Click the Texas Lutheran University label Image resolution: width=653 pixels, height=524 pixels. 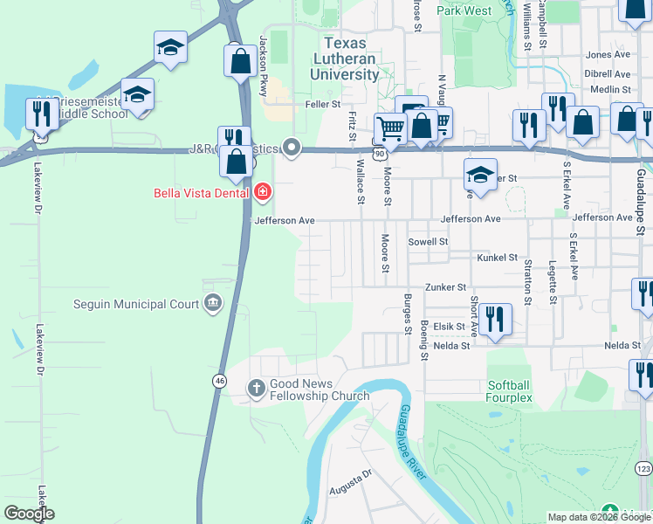[350, 59]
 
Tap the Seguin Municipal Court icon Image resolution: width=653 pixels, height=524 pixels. [212, 304]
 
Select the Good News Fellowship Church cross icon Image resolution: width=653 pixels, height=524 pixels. [256, 388]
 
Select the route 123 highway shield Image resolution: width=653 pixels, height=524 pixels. [643, 469]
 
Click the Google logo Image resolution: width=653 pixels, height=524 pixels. [29, 513]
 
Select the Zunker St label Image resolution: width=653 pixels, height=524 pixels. [445, 286]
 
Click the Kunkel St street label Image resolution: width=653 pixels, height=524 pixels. [498, 258]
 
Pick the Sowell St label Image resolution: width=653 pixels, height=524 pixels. [428, 241]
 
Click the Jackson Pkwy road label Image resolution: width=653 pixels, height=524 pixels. [263, 66]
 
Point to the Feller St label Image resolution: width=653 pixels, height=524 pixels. [323, 104]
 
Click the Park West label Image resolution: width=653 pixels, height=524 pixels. [464, 10]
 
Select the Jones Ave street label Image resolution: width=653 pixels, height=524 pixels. [608, 54]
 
